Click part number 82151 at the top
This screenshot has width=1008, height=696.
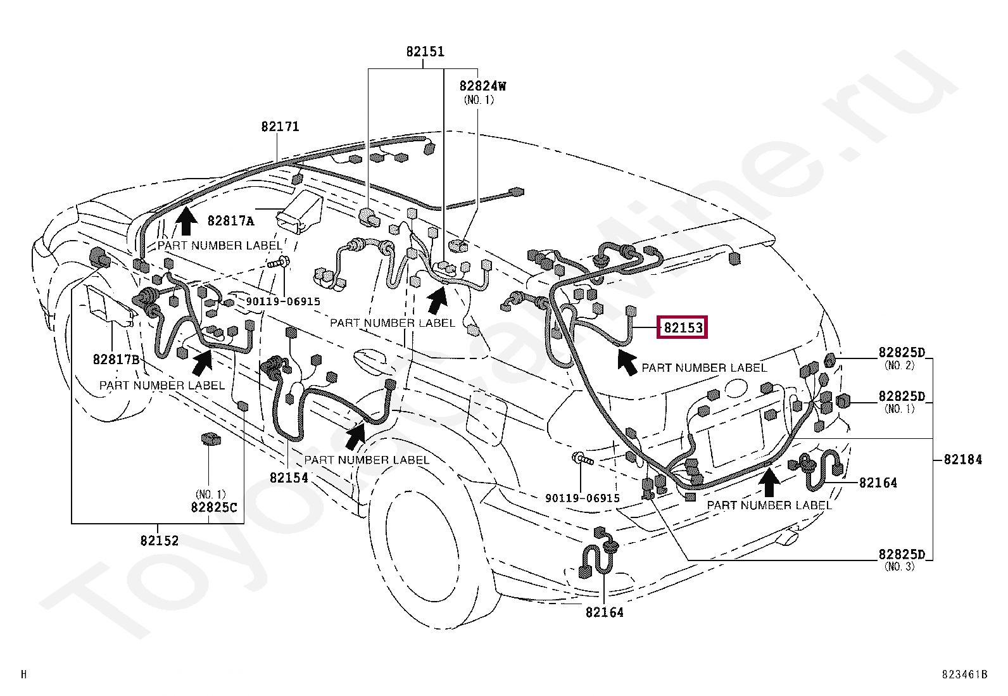click(x=425, y=52)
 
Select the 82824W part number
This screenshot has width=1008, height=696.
click(x=482, y=86)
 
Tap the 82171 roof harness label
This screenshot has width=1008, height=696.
click(x=280, y=127)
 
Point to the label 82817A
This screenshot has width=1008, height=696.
click(x=230, y=220)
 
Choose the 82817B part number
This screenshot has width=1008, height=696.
click(x=116, y=359)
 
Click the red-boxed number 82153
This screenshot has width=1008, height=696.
click(x=683, y=328)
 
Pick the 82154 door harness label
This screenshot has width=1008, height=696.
click(x=289, y=478)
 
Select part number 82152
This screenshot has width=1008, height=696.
click(x=160, y=540)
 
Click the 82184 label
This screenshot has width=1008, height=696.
click(x=962, y=459)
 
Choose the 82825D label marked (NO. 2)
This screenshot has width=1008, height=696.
click(x=902, y=352)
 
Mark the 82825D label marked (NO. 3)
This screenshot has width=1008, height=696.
click(x=902, y=554)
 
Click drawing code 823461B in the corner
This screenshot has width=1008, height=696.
click(x=964, y=674)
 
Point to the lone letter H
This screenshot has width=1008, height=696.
click(x=24, y=674)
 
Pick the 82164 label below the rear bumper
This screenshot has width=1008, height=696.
click(x=604, y=612)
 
